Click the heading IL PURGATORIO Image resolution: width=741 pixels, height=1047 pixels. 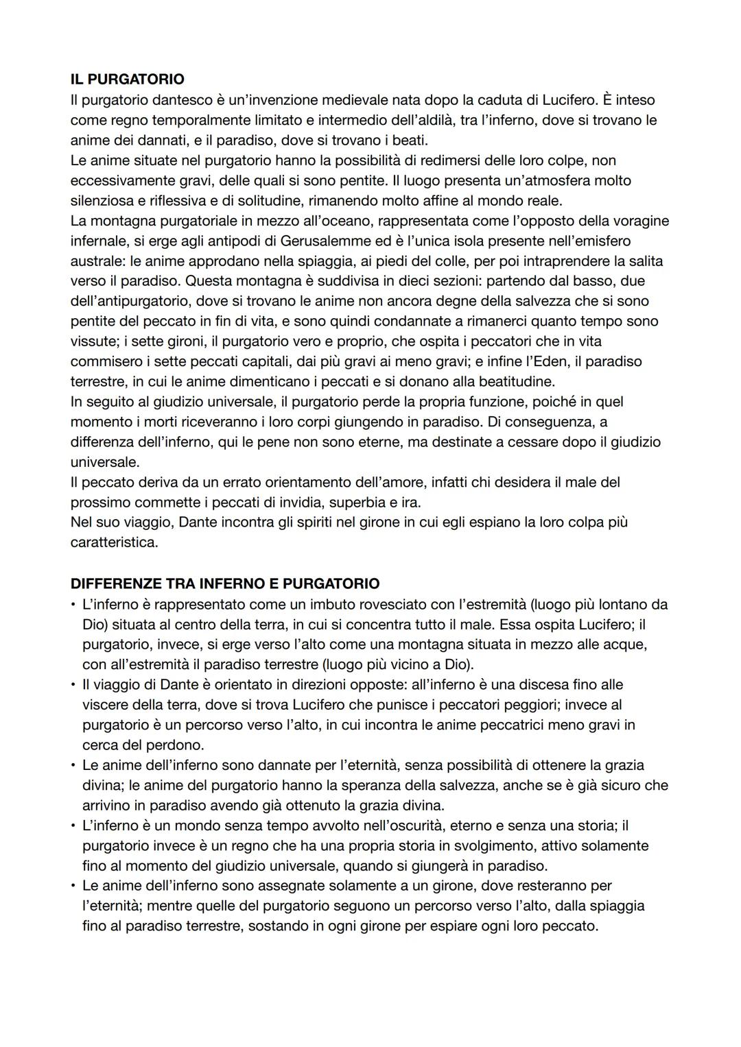coord(127,80)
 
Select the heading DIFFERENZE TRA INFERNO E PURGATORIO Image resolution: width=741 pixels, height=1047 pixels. coord(224,583)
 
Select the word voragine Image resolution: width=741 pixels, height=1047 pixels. coord(637,221)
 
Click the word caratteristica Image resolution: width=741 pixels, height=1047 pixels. coord(114,542)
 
